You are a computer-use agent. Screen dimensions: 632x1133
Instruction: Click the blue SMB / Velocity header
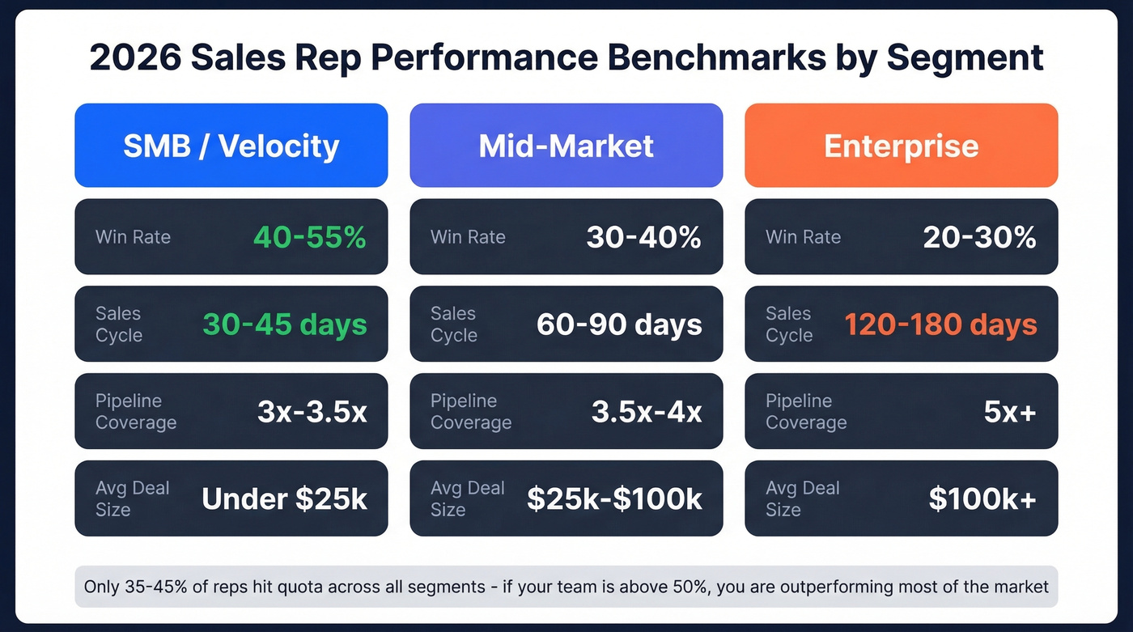[231, 146]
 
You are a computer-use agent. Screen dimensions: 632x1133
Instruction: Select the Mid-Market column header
[566, 146]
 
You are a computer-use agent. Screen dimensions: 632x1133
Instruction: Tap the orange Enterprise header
[901, 146]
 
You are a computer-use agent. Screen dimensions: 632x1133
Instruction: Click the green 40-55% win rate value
[309, 237]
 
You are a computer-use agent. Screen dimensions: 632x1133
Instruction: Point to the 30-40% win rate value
[643, 237]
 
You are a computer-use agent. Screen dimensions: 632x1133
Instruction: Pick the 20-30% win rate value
[979, 237]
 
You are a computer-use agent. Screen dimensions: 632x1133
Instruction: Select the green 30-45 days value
[284, 324]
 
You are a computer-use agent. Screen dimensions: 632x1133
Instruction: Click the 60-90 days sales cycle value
[619, 324]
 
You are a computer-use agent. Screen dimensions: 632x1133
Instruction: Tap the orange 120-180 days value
[940, 324]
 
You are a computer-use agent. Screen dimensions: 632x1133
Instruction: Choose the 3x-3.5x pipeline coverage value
[312, 412]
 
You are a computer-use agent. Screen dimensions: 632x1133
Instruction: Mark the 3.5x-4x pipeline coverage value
[647, 412]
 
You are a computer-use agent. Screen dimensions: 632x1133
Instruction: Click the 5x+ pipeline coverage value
[1009, 412]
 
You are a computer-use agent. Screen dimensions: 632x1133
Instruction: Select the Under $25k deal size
[284, 499]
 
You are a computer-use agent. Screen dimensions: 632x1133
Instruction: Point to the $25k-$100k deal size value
[614, 499]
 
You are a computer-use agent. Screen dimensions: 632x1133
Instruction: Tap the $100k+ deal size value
[982, 499]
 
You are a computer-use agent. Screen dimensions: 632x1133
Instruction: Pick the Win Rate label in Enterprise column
[803, 237]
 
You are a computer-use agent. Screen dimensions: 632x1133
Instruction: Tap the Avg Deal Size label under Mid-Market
[467, 498]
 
